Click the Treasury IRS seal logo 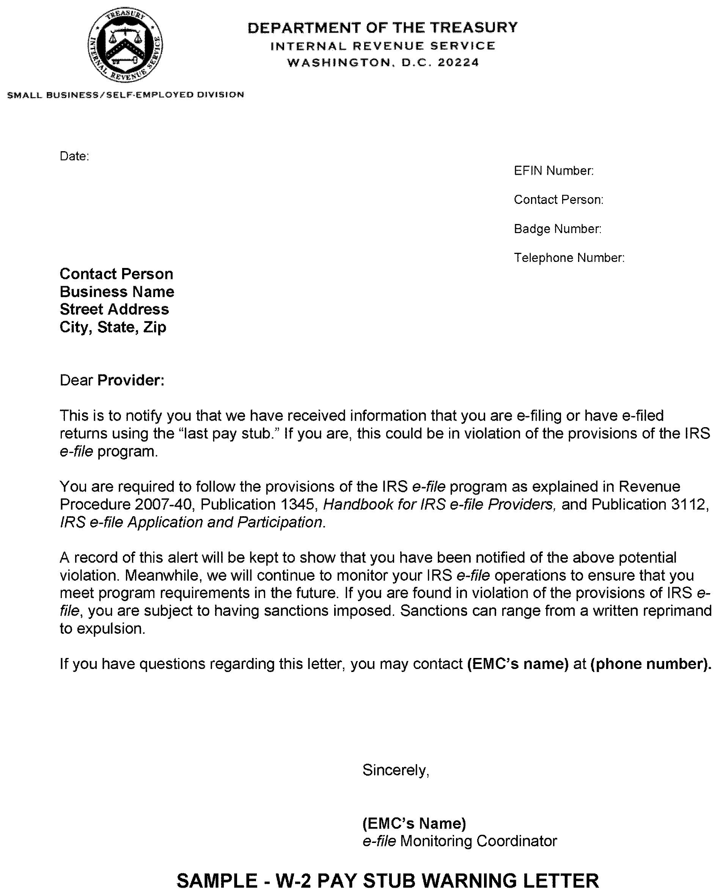pos(125,46)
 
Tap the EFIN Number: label pos(553,171)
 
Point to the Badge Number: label pos(558,229)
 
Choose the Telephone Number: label pos(569,258)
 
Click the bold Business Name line pos(117,292)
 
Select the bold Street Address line pos(114,309)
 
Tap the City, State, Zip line pos(113,327)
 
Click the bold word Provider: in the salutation pos(131,381)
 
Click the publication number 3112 pos(689,504)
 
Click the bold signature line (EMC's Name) pos(414,823)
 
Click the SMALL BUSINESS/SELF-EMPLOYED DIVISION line pos(125,95)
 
